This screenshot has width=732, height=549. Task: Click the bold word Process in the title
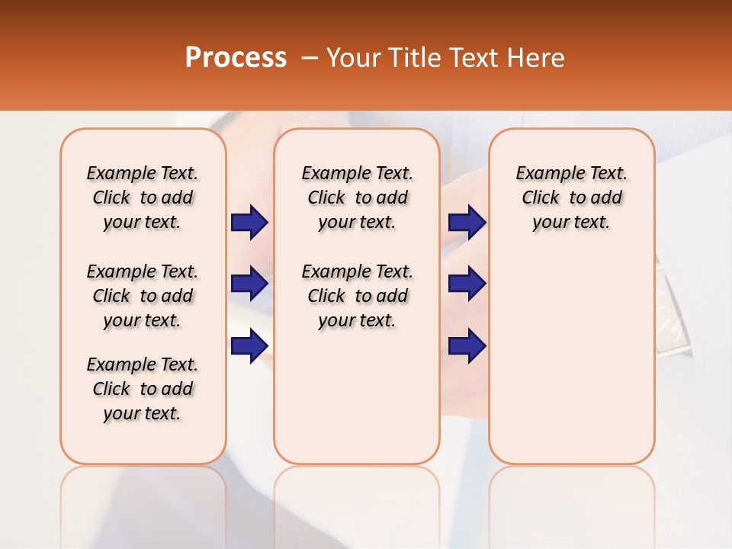pos(236,57)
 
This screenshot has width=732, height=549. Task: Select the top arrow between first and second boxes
pos(249,223)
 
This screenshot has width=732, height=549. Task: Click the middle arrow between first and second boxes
pos(249,284)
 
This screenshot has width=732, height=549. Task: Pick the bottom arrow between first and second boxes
pos(249,345)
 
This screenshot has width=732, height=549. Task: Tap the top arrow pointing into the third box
pos(467,223)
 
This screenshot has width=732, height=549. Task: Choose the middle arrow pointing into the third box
pos(467,284)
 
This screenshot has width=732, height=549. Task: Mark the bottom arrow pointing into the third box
pos(467,345)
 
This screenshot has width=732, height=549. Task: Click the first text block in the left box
pos(143,197)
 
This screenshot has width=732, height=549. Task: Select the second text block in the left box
pos(143,296)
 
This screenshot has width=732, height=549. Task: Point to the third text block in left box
pos(143,389)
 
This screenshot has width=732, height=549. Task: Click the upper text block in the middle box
pos(357,197)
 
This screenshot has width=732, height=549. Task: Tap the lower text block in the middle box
pos(357,296)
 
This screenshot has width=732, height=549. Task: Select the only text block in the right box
pos(571,197)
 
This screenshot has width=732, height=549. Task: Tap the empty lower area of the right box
pos(571,366)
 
